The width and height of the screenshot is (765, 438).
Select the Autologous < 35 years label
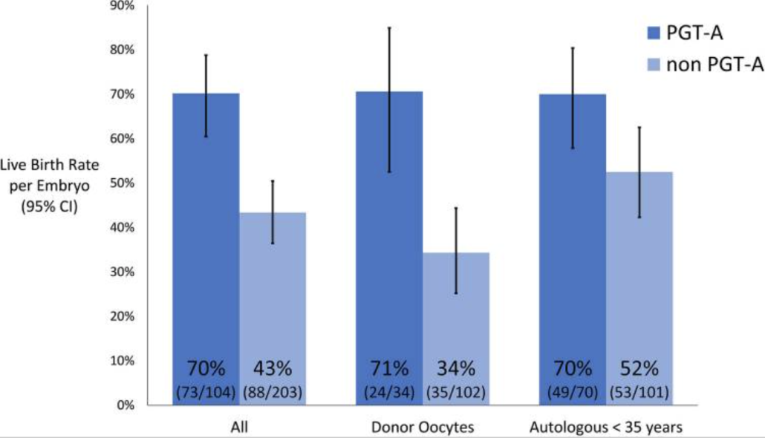point(605,428)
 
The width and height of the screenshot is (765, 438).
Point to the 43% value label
point(273,368)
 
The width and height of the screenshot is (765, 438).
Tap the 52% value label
point(639,368)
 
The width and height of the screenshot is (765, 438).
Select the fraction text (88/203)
point(273,391)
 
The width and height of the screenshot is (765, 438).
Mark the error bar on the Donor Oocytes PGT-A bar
point(389,99)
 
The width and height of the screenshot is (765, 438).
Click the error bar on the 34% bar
point(456,250)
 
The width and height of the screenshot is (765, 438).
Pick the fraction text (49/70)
point(573,391)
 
